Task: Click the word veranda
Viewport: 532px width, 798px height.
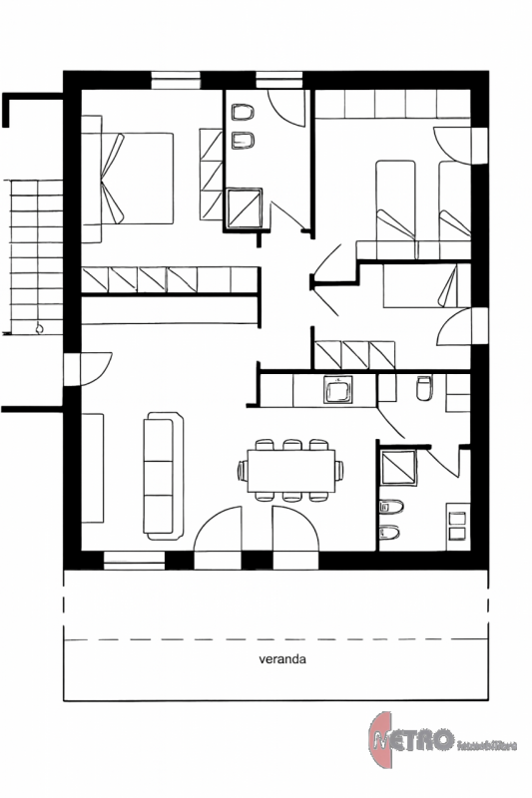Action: [280, 659]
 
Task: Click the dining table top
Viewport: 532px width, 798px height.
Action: [290, 468]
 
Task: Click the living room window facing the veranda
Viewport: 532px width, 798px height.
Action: [134, 563]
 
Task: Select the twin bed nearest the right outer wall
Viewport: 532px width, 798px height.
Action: [453, 200]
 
